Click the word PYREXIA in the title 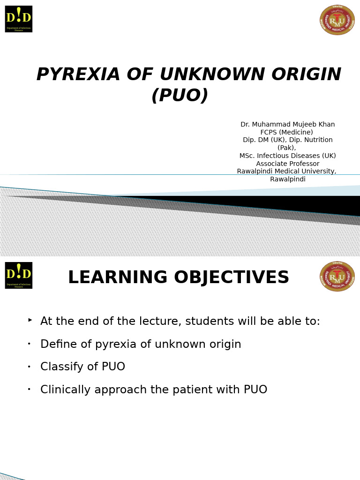[x=78, y=75]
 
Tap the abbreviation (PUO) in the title [x=180, y=96]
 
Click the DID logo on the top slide [x=19, y=19]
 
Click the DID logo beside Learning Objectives [x=19, y=275]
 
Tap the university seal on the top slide [x=337, y=20]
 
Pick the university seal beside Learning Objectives [x=337, y=277]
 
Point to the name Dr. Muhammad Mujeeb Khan [x=287, y=125]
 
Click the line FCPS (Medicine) [x=286, y=133]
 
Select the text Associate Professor [x=287, y=164]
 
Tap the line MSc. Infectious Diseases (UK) [x=287, y=156]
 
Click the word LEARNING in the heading [x=117, y=277]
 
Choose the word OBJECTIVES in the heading [x=232, y=277]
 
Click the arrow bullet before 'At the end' [x=30, y=320]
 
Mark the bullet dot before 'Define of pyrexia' [x=29, y=344]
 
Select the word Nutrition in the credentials [x=315, y=140]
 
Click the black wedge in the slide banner [x=305, y=204]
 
